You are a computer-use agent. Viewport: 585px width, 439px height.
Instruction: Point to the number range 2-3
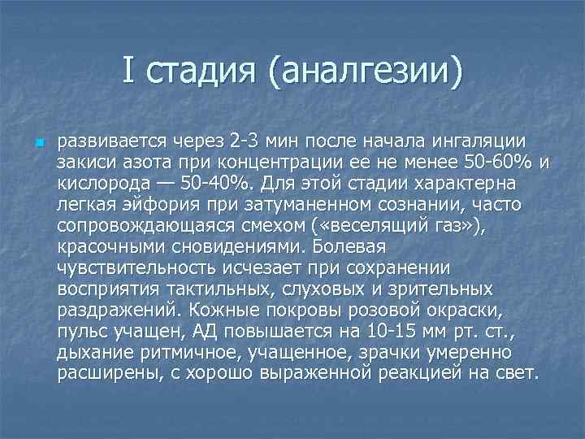[245, 144]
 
